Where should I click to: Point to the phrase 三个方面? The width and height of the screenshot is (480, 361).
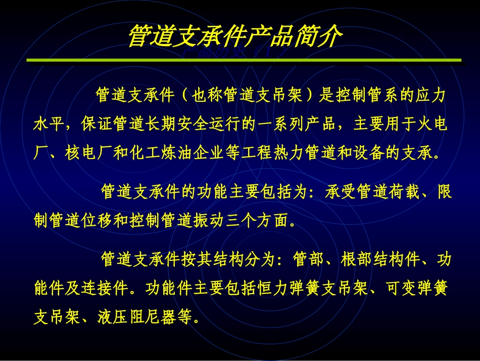(x=266, y=220)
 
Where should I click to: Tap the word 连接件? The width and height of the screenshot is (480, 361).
(x=107, y=289)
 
